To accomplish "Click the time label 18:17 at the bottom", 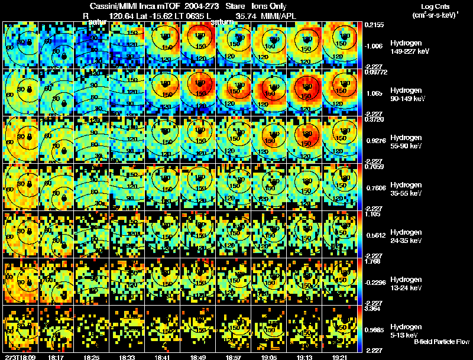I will tap(57, 357).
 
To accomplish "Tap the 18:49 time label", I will tap(199, 357).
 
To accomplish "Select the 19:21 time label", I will tap(341, 357).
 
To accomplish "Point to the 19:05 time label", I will tap(270, 357).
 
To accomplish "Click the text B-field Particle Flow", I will tap(441, 342).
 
